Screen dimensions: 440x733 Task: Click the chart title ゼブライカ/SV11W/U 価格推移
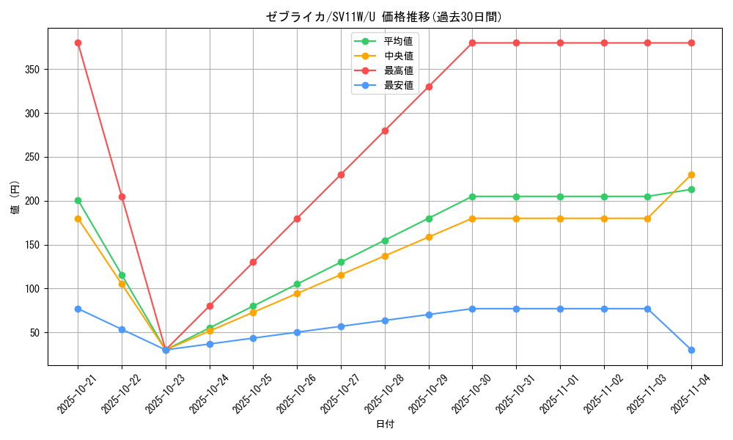[384, 17]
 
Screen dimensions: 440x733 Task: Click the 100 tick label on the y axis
[34, 289]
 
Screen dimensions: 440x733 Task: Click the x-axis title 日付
[384, 425]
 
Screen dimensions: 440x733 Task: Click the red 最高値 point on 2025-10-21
[78, 43]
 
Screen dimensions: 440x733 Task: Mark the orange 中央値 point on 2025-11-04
[691, 175]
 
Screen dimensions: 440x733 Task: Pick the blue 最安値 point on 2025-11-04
[691, 350]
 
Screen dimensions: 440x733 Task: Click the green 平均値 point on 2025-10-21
[78, 200]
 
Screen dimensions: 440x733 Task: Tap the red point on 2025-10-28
[385, 131]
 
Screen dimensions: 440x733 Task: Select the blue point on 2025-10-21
[78, 309]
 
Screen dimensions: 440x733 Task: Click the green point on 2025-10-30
[472, 197]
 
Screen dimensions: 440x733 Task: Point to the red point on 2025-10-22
[122, 197]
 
